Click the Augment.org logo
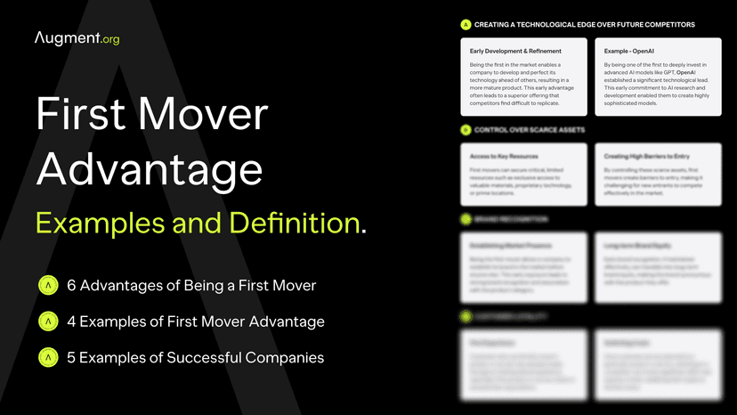coord(77,38)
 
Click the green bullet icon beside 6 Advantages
coord(47,286)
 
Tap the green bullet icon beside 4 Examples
coord(47,321)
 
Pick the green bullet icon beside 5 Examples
coord(47,357)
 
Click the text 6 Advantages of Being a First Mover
coord(191,286)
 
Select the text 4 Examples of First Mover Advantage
coord(196,321)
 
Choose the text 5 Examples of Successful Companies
coord(196,357)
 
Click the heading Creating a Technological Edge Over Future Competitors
coord(585,24)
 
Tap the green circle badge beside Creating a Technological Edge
coord(466,24)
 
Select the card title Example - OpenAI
coord(630,51)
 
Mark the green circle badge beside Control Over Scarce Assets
coord(466,130)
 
